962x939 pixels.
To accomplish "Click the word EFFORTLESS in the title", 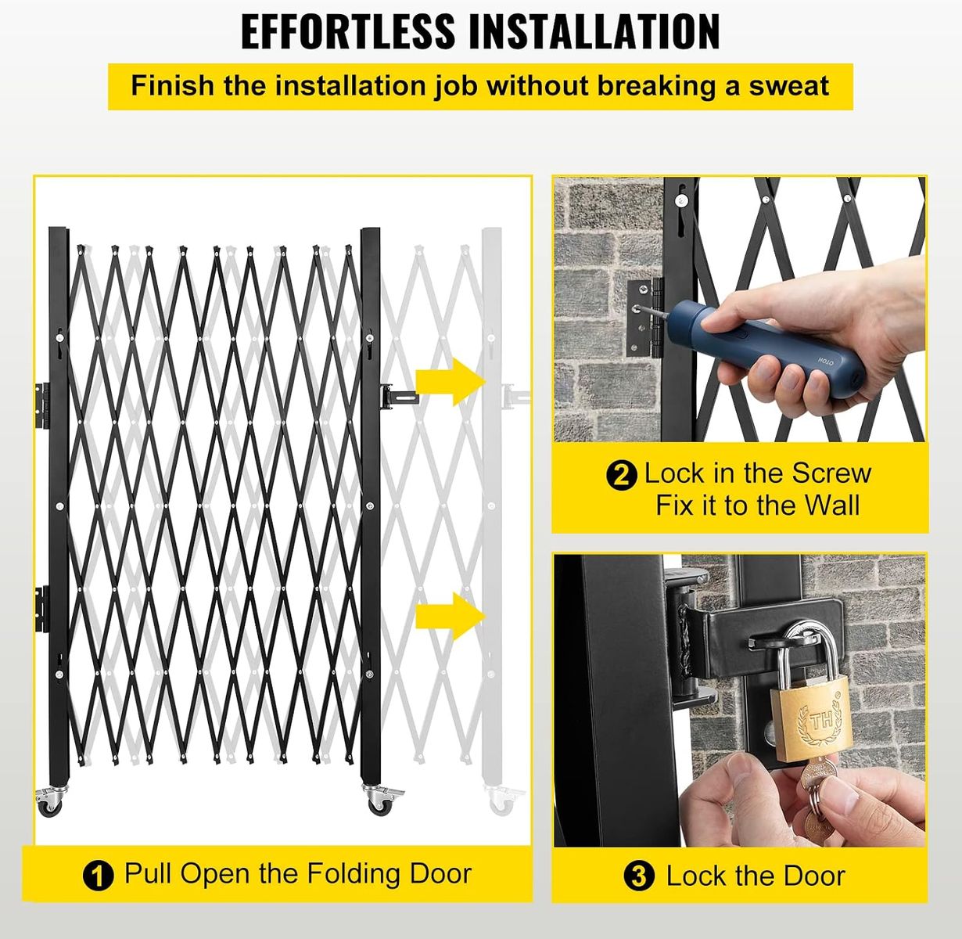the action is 348,31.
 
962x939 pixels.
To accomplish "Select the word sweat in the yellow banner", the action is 788,86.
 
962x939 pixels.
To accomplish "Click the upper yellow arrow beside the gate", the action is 450,382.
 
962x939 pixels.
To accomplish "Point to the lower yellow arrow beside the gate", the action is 450,616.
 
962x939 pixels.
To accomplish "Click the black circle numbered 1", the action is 99,875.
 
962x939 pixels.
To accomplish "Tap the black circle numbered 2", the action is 622,475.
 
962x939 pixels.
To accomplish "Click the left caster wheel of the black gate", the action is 50,801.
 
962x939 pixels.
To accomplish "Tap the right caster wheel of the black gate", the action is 380,801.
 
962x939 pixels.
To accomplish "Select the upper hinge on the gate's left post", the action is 42,405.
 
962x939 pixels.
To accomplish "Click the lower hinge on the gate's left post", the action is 42,609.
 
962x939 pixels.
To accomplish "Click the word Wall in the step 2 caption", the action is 832,505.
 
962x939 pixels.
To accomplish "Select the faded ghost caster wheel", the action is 502,801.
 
